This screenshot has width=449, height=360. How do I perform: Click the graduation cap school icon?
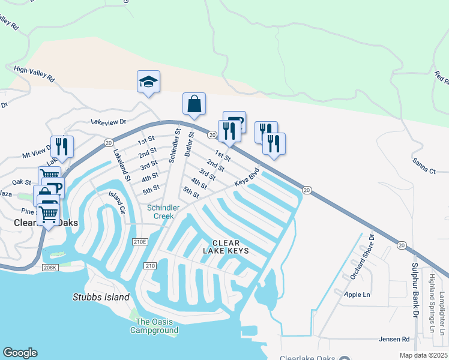(x=148, y=82)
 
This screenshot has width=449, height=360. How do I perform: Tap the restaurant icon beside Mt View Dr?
(x=62, y=146)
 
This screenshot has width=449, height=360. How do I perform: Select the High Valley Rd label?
(x=34, y=74)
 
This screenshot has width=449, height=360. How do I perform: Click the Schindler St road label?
(x=174, y=145)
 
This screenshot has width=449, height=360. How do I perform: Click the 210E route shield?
(x=140, y=241)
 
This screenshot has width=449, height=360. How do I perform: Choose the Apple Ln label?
(x=357, y=295)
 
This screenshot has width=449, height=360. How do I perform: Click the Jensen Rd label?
(x=394, y=339)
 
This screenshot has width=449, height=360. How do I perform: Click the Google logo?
(x=20, y=353)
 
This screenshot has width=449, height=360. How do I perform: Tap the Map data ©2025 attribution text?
(x=423, y=355)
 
